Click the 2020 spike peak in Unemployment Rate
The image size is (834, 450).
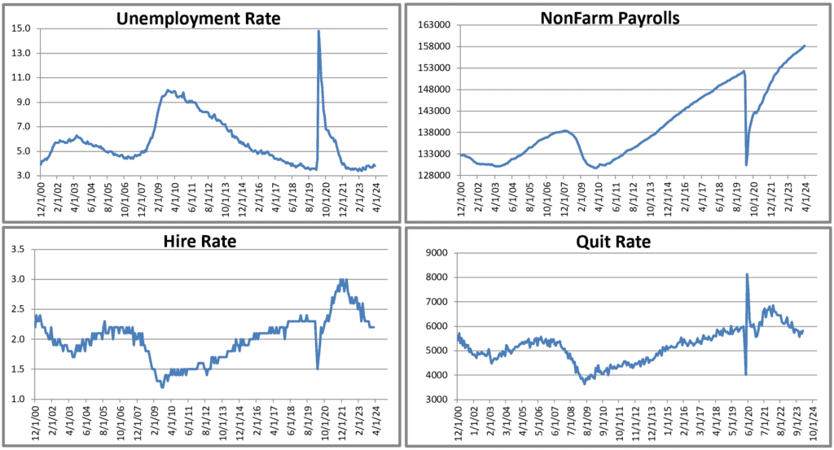click(318, 31)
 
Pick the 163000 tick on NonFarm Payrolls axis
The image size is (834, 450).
click(435, 25)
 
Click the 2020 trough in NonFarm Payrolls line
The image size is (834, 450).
click(747, 165)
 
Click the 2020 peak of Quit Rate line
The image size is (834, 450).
click(748, 274)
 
